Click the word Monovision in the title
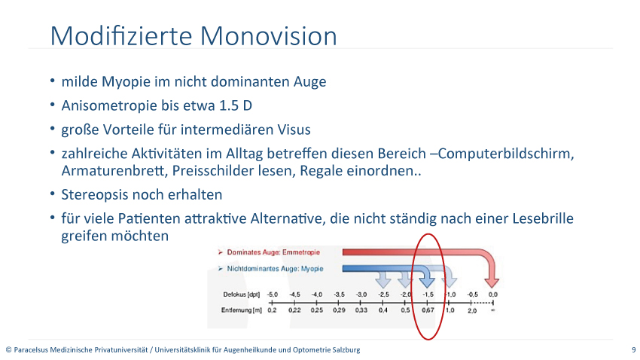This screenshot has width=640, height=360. (269, 36)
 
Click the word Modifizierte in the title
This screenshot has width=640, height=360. (121, 36)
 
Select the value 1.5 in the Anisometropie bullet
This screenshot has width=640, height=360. (229, 105)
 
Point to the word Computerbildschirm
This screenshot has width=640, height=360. (505, 154)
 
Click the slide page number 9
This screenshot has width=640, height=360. (633, 349)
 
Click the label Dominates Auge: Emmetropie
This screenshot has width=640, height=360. (273, 252)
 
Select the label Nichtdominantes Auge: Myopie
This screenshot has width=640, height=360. (275, 269)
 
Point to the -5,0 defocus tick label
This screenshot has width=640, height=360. (273, 294)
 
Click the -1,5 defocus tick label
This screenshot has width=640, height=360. (428, 294)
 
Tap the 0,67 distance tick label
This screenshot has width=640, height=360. (428, 310)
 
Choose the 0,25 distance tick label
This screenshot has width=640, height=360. (317, 310)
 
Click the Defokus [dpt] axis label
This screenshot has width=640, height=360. (241, 294)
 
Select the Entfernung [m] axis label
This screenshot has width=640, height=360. (241, 310)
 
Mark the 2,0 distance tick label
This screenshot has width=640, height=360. (472, 310)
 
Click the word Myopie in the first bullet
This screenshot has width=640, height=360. (126, 81)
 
